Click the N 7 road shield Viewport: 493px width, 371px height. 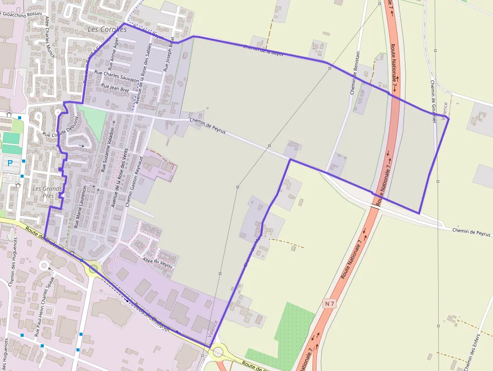[x=330, y=304]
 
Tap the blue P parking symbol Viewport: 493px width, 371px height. [x=10, y=163]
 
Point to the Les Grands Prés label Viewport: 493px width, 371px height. [x=47, y=192]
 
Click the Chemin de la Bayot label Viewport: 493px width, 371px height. [x=263, y=50]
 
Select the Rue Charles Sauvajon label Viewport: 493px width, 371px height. [x=117, y=76]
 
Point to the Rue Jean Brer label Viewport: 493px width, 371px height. [x=115, y=88]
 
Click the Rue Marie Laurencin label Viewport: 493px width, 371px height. [x=80, y=207]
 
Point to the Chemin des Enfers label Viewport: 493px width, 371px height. [x=472, y=352]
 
